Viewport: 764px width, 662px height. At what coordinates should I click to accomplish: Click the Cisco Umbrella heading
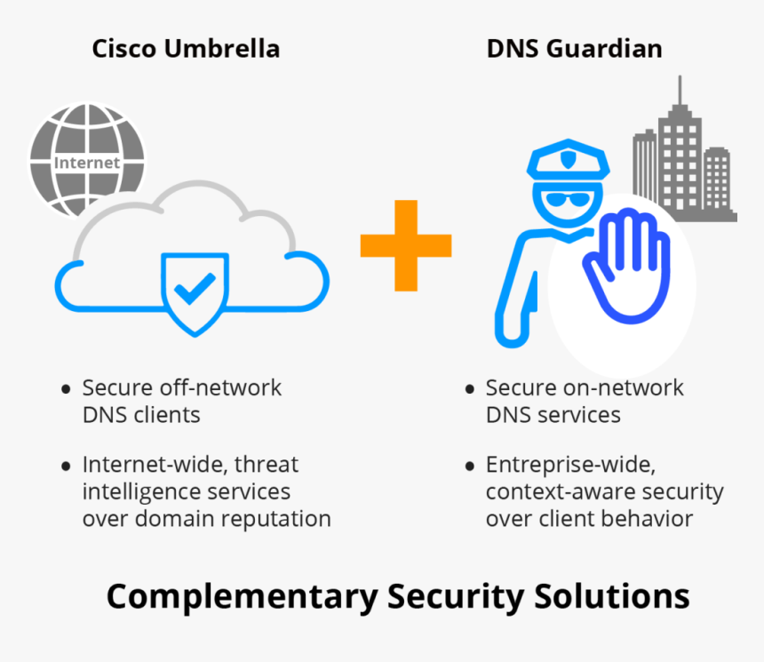186,48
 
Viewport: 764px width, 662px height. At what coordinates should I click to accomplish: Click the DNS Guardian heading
574,48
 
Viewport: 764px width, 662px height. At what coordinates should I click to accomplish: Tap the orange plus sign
405,245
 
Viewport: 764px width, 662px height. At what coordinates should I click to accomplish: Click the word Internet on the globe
86,163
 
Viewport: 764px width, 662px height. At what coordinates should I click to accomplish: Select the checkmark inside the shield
194,288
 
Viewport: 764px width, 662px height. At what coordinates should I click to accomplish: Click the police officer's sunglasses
568,199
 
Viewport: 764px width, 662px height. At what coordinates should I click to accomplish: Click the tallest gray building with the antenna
680,151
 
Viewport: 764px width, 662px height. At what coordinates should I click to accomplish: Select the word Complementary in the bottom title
242,596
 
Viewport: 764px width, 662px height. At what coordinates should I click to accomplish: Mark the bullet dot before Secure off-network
66,389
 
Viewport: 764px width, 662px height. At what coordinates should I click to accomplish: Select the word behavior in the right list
656,519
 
